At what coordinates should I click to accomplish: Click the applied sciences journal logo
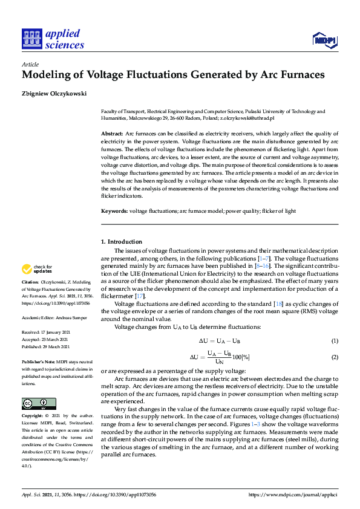coord(53,39)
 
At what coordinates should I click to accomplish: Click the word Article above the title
coord(30,65)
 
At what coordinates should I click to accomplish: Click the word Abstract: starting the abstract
coord(112,133)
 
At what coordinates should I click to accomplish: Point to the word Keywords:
coord(114,210)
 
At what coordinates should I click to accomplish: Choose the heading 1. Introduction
coord(121,242)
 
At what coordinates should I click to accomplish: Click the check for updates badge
coord(38,269)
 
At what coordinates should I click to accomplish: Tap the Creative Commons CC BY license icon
coord(39,403)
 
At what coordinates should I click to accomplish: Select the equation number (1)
coord(334,342)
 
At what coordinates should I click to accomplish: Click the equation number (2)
coord(334,357)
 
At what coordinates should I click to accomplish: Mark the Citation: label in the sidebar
coord(30,282)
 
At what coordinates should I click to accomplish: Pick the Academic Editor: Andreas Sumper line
coord(54,317)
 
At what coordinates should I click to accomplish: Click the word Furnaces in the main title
coord(296,76)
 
